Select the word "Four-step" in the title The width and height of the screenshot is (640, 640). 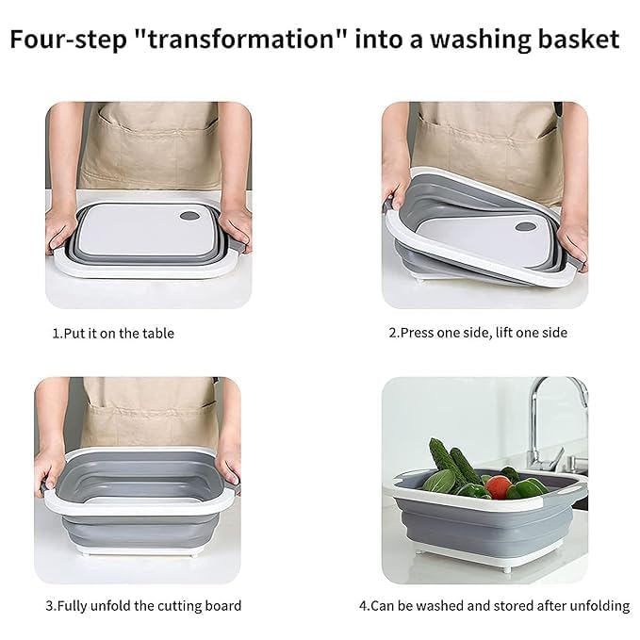(68, 41)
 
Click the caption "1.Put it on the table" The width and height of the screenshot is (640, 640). (113, 334)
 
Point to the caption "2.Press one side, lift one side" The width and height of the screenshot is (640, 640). (478, 333)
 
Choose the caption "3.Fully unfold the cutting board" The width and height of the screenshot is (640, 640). (143, 606)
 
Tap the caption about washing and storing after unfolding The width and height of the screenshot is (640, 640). (494, 606)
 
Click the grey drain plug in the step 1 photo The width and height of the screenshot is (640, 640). (189, 216)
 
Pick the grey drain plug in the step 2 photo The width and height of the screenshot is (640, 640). (525, 226)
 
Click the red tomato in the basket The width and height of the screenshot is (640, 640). (499, 487)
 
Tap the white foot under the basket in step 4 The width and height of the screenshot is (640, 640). (506, 569)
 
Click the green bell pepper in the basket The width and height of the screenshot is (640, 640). (527, 487)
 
